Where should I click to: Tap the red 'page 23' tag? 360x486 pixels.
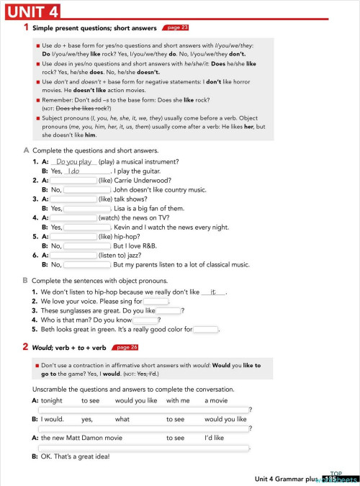(x=176, y=27)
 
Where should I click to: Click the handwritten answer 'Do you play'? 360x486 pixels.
(x=75, y=162)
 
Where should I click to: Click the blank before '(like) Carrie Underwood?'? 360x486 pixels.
(x=73, y=181)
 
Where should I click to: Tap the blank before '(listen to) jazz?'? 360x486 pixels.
(x=73, y=255)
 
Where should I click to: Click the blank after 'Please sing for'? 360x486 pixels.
(x=156, y=302)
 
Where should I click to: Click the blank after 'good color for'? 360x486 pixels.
(x=206, y=330)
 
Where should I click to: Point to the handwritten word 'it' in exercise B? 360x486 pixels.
(x=213, y=292)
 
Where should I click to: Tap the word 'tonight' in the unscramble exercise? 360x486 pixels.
(x=52, y=400)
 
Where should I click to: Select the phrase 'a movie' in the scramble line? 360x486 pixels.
(x=216, y=400)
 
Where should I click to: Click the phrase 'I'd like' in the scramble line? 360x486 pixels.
(x=215, y=437)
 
